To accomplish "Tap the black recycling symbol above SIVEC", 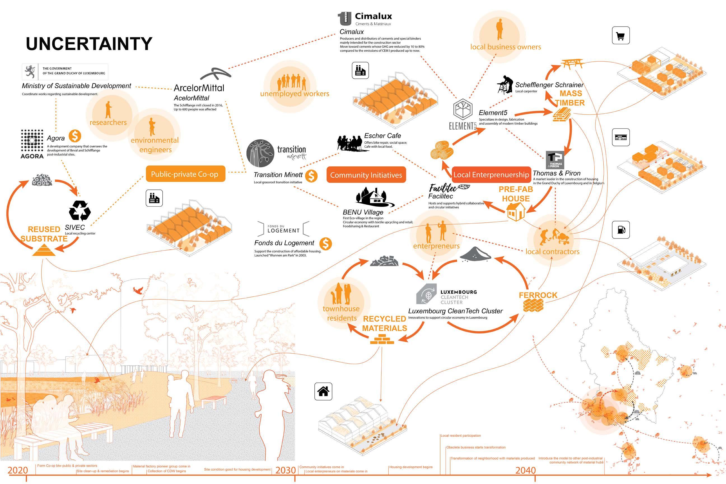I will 80,211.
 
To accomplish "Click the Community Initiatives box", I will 366,175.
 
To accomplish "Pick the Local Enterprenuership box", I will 491,175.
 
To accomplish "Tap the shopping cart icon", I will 620,36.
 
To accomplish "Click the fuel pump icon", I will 620,230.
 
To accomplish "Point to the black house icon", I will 323,391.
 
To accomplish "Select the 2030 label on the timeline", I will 286,470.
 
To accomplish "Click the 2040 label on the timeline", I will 525,470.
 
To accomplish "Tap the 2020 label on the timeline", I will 18,470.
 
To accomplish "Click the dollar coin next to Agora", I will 75,136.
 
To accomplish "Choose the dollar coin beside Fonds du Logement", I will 325,244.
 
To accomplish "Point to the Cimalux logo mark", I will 344,18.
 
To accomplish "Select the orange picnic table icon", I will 572,64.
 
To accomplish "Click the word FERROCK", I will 538,295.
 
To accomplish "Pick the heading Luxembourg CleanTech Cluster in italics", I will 455,311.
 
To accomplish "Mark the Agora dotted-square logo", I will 32,141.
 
